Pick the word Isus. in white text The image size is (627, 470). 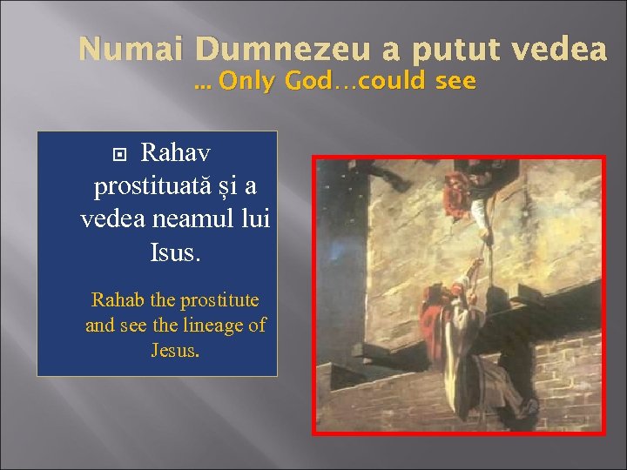[175, 252]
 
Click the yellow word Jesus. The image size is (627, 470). [175, 351]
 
